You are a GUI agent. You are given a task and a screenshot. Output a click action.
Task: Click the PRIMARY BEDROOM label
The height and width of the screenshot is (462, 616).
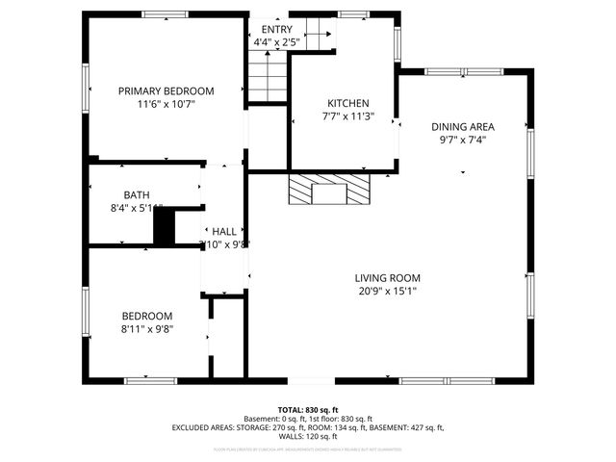click(x=166, y=91)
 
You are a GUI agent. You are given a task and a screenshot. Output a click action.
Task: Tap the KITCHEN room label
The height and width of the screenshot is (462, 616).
click(x=347, y=104)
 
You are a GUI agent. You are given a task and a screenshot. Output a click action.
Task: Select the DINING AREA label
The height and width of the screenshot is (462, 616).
click(x=462, y=126)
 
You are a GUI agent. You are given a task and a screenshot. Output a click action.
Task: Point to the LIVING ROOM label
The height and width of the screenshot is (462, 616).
click(x=386, y=278)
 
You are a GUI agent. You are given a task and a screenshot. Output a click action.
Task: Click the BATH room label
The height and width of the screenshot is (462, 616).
click(x=136, y=195)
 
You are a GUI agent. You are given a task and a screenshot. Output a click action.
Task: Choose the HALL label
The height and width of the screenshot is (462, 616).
click(x=224, y=232)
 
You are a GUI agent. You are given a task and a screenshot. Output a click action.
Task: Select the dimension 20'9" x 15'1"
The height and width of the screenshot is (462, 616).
click(x=386, y=291)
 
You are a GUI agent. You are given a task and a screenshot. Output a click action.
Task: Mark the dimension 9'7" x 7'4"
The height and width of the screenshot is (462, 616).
click(x=462, y=139)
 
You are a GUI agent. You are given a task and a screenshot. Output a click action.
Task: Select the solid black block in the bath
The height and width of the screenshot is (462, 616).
click(x=165, y=228)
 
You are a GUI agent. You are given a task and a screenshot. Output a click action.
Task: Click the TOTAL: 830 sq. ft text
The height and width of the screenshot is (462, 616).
click(x=308, y=410)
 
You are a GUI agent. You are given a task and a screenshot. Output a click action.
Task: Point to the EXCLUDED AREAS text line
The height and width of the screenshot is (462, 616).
click(x=308, y=427)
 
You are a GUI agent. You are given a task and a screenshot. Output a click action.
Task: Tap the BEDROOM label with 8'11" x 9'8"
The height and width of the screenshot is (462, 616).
click(x=146, y=316)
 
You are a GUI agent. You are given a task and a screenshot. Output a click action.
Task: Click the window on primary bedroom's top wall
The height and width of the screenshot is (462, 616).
click(x=158, y=13)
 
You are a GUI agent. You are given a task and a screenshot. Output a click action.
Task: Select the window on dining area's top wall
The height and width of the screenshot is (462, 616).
click(x=449, y=70)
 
